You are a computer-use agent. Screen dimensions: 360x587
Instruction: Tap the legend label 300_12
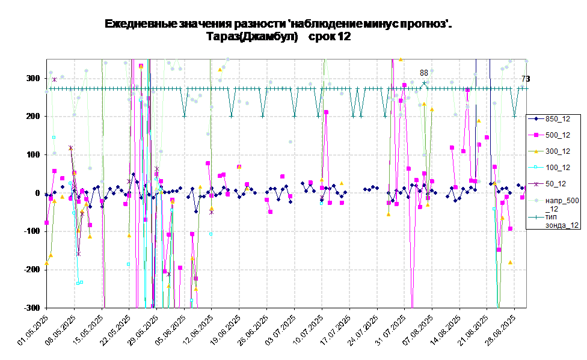(558, 151)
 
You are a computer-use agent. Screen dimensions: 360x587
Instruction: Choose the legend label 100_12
(558, 168)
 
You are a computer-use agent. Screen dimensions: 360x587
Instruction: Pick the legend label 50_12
(556, 184)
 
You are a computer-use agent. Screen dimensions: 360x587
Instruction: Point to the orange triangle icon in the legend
(535, 151)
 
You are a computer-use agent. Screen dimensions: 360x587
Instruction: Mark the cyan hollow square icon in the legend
(535, 168)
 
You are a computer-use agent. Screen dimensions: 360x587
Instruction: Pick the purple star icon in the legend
(535, 184)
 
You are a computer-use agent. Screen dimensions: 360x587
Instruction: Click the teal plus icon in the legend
(535, 217)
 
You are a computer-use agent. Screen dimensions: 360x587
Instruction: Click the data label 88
(424, 73)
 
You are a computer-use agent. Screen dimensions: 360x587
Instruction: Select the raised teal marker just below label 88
(424, 83)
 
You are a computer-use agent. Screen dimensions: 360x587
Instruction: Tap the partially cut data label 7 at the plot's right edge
(524, 79)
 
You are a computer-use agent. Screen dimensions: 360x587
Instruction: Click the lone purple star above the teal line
(54, 79)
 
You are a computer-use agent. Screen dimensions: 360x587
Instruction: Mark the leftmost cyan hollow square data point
(54, 137)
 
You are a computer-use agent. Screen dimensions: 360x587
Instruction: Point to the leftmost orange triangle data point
(47, 263)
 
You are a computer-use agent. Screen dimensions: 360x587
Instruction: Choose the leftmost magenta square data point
(47, 222)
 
